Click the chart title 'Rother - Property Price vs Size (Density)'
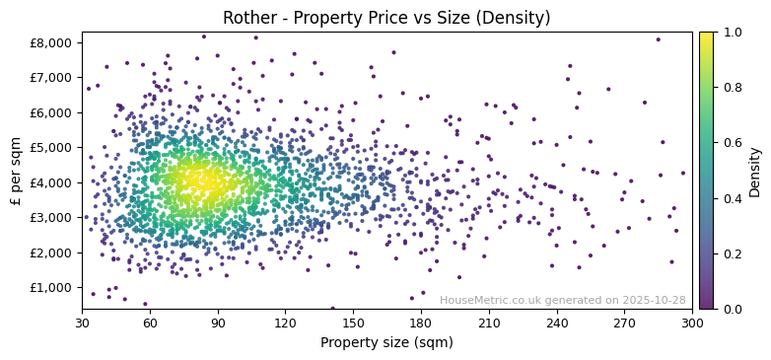(x=386, y=18)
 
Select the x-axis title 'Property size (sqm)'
(x=386, y=343)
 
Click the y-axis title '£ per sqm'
(x=16, y=171)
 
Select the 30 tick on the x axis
(x=82, y=323)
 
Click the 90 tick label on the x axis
(x=218, y=323)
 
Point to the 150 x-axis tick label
(x=353, y=323)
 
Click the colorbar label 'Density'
(x=754, y=171)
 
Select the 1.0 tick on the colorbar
(x=732, y=33)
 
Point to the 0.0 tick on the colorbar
(x=732, y=309)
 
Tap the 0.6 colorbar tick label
(x=732, y=143)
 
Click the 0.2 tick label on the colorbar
(x=732, y=253)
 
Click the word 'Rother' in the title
(x=247, y=18)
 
